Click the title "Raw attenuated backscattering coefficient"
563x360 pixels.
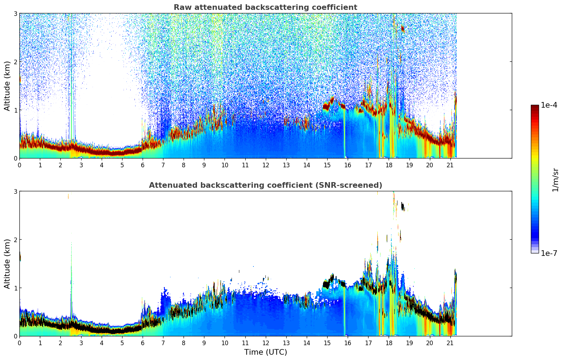[x=265, y=7]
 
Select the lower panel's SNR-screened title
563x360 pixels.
[x=265, y=185]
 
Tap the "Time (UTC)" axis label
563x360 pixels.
[x=265, y=352]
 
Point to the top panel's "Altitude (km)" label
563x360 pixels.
[x=7, y=86]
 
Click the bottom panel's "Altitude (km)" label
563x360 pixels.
[x=7, y=264]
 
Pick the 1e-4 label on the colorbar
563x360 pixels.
[x=549, y=105]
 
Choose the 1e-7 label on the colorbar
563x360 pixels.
[x=549, y=253]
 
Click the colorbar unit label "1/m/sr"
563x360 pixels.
[x=555, y=180]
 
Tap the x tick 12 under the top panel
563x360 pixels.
[x=265, y=165]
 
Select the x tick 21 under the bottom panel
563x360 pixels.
[x=450, y=343]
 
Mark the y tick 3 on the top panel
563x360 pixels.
[x=16, y=13]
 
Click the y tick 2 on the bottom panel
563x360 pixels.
[x=16, y=240]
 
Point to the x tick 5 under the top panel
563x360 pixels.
[x=122, y=165]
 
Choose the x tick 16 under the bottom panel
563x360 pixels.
[x=348, y=343]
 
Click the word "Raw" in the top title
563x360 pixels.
[x=181, y=7]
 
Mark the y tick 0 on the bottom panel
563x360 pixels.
[x=16, y=336]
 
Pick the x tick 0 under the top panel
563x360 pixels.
[x=19, y=165]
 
